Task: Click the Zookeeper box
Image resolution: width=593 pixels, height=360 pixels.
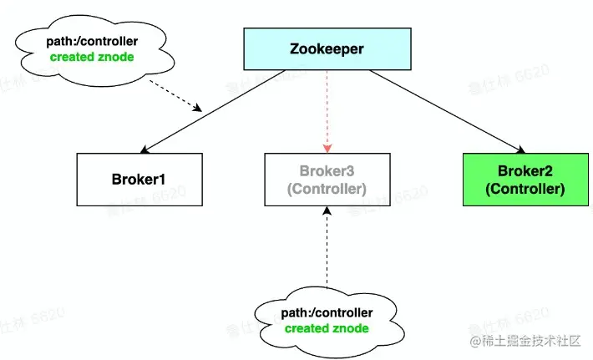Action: click(x=327, y=49)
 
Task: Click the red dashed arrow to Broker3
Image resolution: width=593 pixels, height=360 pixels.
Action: click(x=327, y=109)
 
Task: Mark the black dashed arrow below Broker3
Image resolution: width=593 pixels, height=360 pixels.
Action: click(x=327, y=246)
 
